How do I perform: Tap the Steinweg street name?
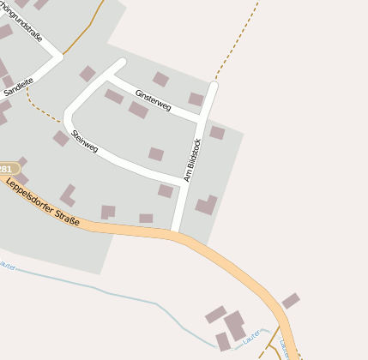(x=85, y=141)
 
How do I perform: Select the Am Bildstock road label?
(x=192, y=160)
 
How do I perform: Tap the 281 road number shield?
(x=7, y=169)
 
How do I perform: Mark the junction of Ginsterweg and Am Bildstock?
(x=202, y=118)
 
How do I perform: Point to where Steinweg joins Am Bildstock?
(x=184, y=181)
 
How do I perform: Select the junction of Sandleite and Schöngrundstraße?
(x=58, y=57)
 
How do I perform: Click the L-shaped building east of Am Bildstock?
(x=207, y=205)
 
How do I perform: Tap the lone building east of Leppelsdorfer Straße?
(x=291, y=301)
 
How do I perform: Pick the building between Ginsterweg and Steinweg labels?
(x=138, y=110)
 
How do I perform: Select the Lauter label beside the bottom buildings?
(x=251, y=339)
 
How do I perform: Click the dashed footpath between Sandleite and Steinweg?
(x=39, y=107)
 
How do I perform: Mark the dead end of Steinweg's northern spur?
(x=121, y=63)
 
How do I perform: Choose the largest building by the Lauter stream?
(x=234, y=326)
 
